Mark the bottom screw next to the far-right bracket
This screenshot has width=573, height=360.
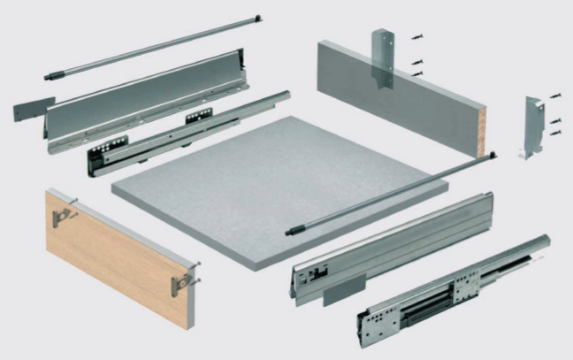(x=554, y=133)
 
